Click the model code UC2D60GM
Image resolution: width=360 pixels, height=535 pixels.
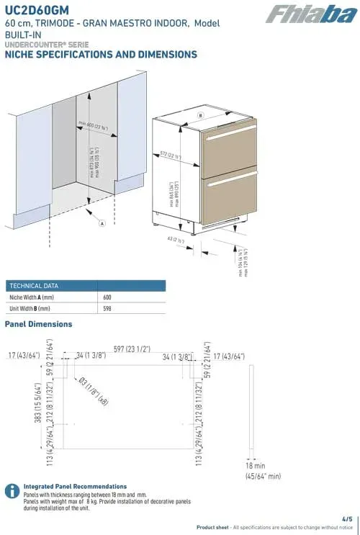point(35,9)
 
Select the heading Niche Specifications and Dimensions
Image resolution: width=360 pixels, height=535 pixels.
point(101,55)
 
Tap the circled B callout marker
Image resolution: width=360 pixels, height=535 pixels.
point(201,115)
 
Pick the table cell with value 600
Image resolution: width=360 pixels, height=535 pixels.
point(107,297)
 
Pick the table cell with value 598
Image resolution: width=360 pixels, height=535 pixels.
point(107,308)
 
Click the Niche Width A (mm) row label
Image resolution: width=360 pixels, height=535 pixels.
point(32,297)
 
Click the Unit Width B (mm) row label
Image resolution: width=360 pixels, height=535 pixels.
point(30,308)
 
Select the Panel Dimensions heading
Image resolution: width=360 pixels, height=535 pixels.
point(38,324)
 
